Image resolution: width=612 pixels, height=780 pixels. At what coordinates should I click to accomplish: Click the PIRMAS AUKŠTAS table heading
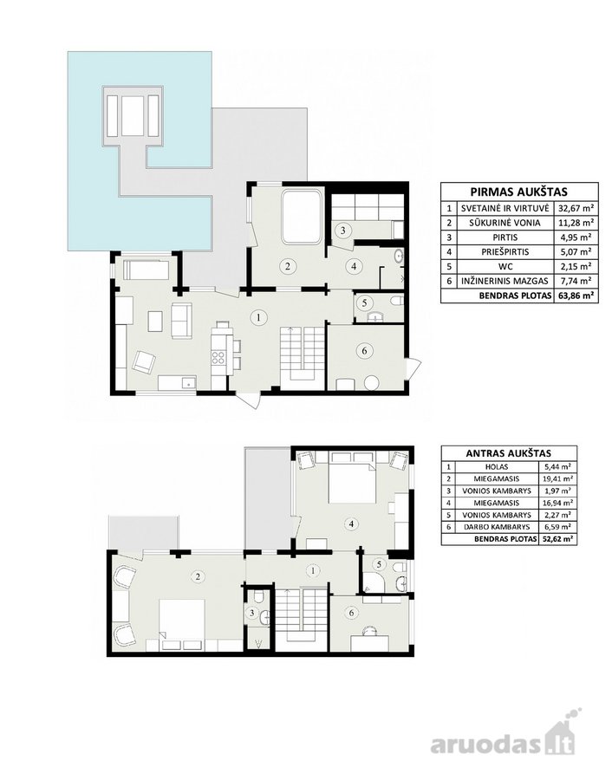click(519, 192)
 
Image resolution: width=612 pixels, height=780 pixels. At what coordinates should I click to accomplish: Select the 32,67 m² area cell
click(576, 208)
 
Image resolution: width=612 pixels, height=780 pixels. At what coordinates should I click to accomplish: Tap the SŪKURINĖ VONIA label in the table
click(505, 223)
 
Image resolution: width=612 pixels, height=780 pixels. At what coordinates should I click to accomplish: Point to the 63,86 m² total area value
click(576, 296)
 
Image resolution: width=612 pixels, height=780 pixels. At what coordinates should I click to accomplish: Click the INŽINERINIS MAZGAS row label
click(505, 281)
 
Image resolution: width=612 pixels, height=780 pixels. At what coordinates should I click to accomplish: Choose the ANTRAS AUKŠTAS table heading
click(509, 453)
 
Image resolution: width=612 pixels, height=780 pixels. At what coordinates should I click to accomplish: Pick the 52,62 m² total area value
click(557, 539)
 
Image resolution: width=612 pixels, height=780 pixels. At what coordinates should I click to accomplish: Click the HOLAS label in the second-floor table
click(497, 467)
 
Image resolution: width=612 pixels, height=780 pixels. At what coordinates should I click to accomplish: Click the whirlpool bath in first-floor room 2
click(302, 218)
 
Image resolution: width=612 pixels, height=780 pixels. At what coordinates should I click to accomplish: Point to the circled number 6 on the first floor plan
click(365, 351)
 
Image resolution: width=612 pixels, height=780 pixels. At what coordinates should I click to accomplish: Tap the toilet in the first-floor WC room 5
click(396, 302)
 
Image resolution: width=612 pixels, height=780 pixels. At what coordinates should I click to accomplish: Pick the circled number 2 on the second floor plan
click(198, 576)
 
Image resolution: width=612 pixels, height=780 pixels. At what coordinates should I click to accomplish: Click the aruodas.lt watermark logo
click(504, 740)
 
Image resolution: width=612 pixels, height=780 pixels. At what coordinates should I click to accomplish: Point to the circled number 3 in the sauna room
click(342, 231)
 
